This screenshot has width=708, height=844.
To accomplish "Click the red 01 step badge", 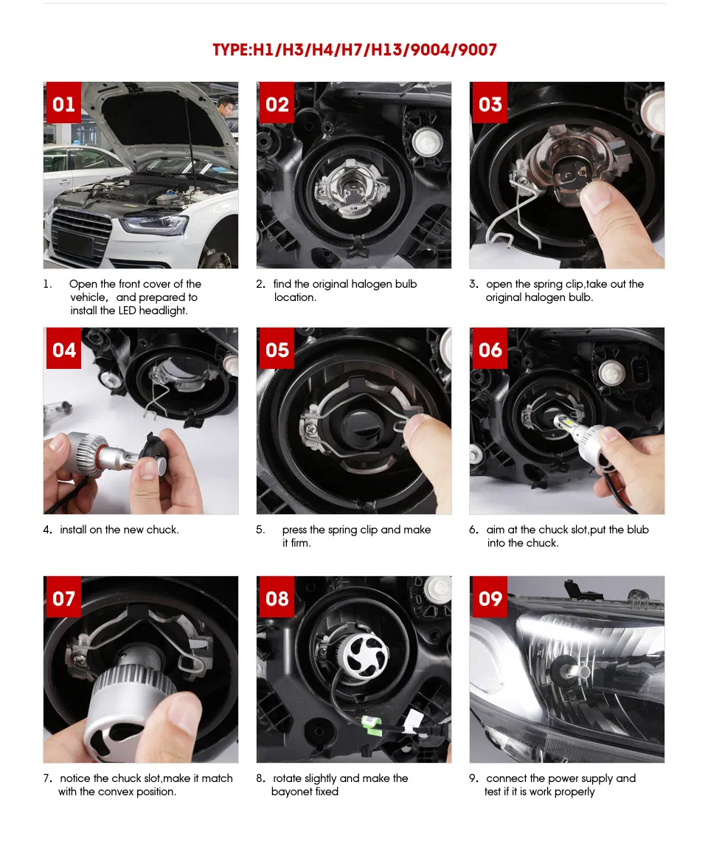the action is click(x=63, y=103).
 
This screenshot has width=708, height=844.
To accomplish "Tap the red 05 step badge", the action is click(x=277, y=348).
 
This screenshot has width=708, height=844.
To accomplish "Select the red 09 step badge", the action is click(x=490, y=597).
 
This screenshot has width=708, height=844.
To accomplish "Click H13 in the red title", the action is click(x=386, y=50).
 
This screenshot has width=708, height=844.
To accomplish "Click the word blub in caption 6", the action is click(x=637, y=530).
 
